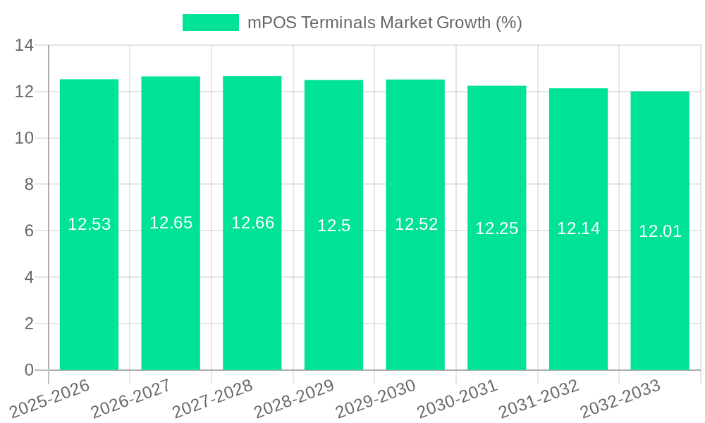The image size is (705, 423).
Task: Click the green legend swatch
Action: [x=210, y=23]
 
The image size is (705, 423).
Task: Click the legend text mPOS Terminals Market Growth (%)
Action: [x=384, y=23]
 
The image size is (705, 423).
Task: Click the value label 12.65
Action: [x=171, y=223]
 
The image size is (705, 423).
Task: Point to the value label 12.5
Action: [x=333, y=226]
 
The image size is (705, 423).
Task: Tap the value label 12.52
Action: [x=416, y=224]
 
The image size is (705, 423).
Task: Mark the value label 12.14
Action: [x=578, y=228]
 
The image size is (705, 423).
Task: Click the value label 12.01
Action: [x=660, y=231]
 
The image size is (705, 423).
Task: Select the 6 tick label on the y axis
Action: [x=29, y=231]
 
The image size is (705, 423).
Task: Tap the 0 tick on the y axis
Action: [x=29, y=370]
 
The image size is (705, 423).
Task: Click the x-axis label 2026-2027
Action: [x=131, y=398]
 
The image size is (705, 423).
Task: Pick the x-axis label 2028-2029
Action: [x=294, y=398]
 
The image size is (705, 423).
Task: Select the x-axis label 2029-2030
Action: [x=376, y=398]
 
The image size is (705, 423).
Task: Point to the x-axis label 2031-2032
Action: [x=539, y=398]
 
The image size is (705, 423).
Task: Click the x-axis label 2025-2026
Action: [x=49, y=398]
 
